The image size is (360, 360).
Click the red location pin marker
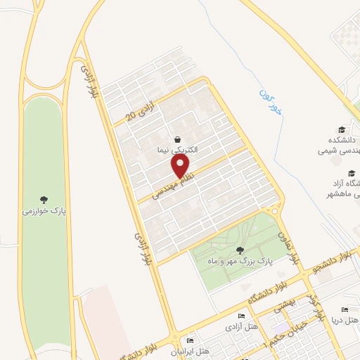pos(181,166)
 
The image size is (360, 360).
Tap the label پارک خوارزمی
pos(44,210)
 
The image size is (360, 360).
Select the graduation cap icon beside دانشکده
pos(342,129)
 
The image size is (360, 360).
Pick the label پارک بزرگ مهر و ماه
pos(239,262)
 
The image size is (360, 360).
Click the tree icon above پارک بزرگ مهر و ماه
pos(240,250)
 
